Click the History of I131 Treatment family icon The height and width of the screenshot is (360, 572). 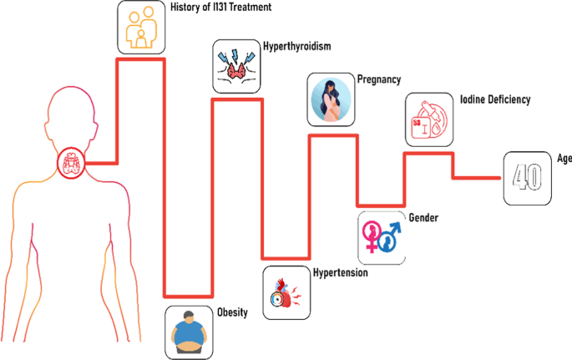[140, 27]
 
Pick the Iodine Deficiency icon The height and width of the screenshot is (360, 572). [431, 121]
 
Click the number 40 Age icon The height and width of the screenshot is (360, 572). [526, 178]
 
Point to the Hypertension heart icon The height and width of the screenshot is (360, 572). [286, 292]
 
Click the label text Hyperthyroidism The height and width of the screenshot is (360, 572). [297, 47]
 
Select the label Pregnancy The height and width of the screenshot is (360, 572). [379, 80]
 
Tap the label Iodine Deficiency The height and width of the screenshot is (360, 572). [495, 100]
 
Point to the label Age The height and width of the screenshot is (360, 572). [564, 157]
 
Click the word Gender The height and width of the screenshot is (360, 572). [423, 218]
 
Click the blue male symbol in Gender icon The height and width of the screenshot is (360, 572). [389, 240]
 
